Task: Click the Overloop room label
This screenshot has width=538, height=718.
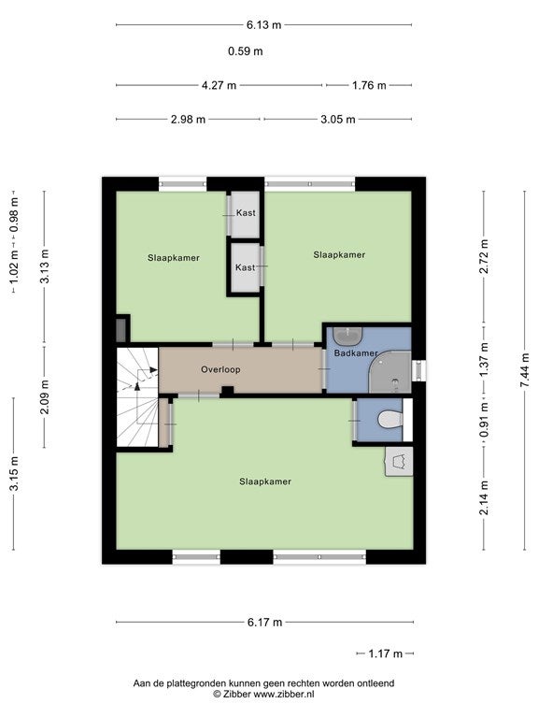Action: click(x=220, y=369)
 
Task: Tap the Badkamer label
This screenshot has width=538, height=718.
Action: click(x=356, y=353)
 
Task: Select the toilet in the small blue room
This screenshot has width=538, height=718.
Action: click(x=389, y=419)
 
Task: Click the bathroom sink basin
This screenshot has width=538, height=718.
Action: click(x=347, y=337)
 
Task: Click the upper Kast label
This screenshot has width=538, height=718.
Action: click(x=246, y=213)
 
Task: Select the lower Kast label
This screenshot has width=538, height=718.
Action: click(x=246, y=267)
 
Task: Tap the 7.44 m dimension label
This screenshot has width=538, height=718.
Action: click(x=525, y=370)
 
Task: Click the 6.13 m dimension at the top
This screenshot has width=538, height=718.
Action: click(x=264, y=24)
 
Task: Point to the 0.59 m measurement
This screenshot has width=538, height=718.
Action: click(x=246, y=50)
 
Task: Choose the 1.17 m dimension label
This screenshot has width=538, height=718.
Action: click(x=386, y=653)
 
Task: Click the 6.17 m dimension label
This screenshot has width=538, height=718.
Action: click(x=265, y=622)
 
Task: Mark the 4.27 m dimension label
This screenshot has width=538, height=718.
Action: click(x=219, y=85)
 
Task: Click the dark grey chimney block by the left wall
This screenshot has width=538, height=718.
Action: click(x=120, y=330)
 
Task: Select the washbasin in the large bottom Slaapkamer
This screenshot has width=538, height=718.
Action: click(x=399, y=462)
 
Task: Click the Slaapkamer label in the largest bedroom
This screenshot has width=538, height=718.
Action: click(x=265, y=481)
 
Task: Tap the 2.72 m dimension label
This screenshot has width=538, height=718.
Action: click(x=484, y=256)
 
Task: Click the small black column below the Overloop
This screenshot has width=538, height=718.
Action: click(x=227, y=391)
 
